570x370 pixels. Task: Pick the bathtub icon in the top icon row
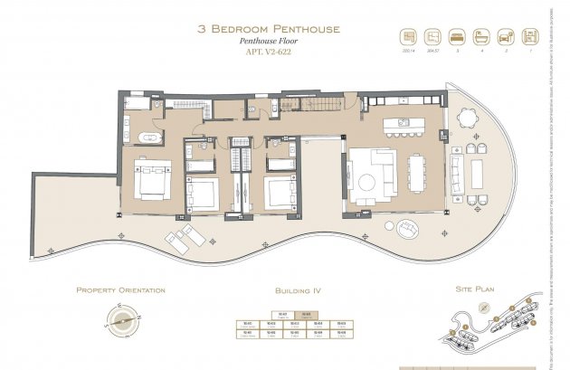pos(480,38)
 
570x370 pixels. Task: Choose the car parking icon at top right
pos(503,38)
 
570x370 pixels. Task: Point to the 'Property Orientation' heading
pos(120,290)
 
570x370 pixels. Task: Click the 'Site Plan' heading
pos(472,290)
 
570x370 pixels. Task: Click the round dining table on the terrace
pos(467,119)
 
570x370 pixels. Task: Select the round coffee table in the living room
pos(366,181)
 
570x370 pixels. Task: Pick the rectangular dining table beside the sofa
pos(415,173)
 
